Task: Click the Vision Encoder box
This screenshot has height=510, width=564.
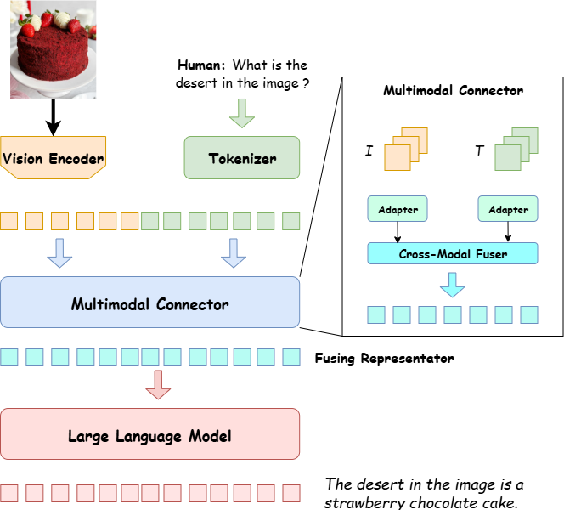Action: click(x=53, y=157)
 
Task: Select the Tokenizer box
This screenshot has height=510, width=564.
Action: click(x=242, y=158)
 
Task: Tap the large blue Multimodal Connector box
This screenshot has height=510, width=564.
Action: click(x=149, y=303)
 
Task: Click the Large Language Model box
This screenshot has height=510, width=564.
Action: click(x=149, y=436)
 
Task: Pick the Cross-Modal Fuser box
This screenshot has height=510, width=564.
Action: click(x=453, y=253)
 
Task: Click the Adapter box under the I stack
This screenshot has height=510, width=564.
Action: click(x=397, y=209)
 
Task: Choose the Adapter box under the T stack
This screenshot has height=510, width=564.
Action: click(x=508, y=209)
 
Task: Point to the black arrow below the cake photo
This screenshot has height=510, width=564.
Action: click(x=53, y=117)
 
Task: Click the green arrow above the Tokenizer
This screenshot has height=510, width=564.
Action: click(x=242, y=113)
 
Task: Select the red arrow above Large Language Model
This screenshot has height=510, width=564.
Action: click(x=156, y=383)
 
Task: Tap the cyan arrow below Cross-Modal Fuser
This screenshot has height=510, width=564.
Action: click(x=453, y=285)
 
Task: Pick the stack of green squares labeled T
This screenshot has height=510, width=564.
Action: click(x=516, y=149)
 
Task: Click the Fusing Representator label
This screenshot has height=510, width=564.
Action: click(x=384, y=358)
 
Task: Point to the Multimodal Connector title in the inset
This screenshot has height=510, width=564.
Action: click(x=453, y=90)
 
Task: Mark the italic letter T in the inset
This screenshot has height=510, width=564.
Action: click(x=478, y=150)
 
